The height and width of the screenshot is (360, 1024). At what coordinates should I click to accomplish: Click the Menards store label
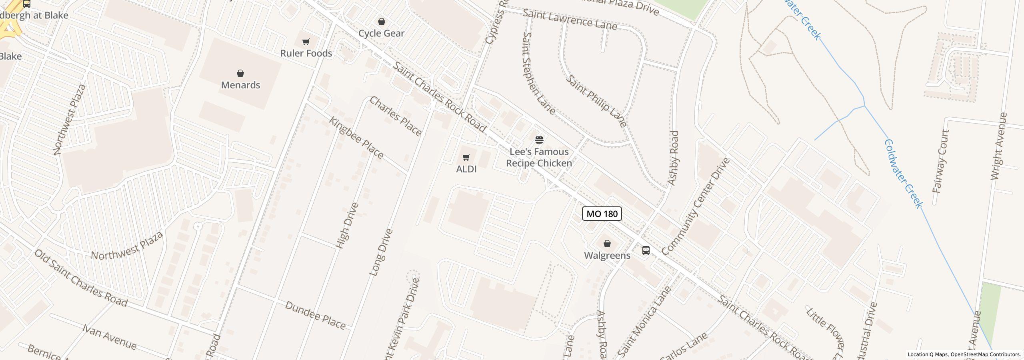240,85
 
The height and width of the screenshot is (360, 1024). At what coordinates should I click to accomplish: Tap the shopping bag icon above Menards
240,73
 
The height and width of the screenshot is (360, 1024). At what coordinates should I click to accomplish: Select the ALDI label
466,169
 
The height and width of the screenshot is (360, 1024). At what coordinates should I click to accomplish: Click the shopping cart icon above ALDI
466,157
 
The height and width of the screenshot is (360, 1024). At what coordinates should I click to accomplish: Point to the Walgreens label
607,256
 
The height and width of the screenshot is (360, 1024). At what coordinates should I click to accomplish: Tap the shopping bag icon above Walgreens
607,244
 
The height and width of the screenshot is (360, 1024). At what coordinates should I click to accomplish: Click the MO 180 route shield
602,214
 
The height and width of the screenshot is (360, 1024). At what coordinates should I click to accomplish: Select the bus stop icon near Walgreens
646,250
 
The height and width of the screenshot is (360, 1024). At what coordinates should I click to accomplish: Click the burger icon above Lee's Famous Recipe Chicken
539,140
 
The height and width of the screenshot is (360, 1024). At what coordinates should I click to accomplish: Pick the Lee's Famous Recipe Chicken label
539,158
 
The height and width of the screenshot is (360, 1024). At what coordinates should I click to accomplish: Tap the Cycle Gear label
381,33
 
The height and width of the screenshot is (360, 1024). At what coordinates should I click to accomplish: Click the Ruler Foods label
306,53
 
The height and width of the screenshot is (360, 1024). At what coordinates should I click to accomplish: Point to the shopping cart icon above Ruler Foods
306,42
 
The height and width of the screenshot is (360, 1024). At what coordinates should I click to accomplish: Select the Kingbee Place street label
356,137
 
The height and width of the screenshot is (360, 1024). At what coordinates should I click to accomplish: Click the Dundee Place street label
315,316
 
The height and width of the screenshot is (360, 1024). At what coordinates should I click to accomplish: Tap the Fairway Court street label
940,161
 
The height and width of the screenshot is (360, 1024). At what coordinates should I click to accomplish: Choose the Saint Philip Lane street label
596,101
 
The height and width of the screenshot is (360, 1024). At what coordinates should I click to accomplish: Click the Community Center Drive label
696,206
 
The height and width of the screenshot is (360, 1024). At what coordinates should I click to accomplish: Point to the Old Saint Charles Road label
80,278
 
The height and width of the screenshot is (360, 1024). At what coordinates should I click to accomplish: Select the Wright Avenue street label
998,146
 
